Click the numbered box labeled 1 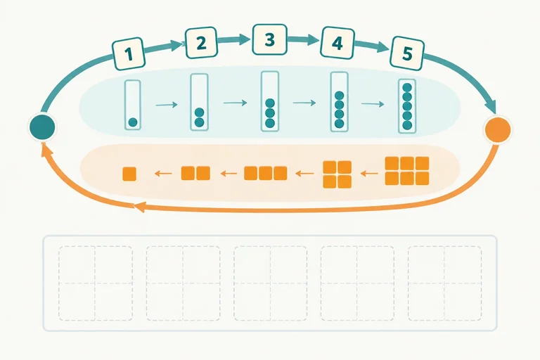(x=129, y=53)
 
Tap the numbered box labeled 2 (x=202, y=43)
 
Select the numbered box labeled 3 (x=270, y=39)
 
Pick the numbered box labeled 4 (x=337, y=43)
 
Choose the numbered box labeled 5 (x=407, y=53)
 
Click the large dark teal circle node (x=42, y=127)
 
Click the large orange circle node (x=498, y=129)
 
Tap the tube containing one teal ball (x=133, y=105)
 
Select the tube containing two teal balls (x=200, y=103)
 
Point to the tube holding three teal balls (x=270, y=101)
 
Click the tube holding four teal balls (x=339, y=102)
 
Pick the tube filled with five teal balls (x=407, y=106)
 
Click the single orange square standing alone (x=129, y=174)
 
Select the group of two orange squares (x=195, y=173)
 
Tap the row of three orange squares (x=266, y=173)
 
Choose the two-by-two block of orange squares (x=337, y=174)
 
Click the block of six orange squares (x=407, y=171)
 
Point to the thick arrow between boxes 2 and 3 (x=234, y=40)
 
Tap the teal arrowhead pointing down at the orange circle (x=491, y=105)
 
